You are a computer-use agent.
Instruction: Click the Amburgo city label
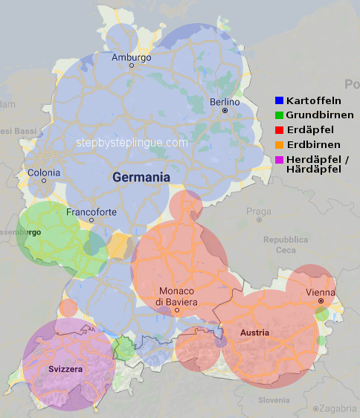coord(131,57)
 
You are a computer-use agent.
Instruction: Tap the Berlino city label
coord(225,102)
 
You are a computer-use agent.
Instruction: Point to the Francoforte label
coord(91,212)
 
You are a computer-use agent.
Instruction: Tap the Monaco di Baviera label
coord(176,297)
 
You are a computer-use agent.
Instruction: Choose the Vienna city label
coord(320,293)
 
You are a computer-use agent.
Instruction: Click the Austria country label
coord(256,332)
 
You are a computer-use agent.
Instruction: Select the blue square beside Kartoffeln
coord(279,100)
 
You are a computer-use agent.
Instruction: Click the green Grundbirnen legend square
coord(279,115)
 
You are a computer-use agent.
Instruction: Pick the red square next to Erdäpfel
coord(279,130)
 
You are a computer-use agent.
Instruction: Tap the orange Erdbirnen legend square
coord(279,144)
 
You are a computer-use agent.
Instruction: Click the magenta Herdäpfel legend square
coord(279,159)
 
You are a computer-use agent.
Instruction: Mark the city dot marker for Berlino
coord(225,111)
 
